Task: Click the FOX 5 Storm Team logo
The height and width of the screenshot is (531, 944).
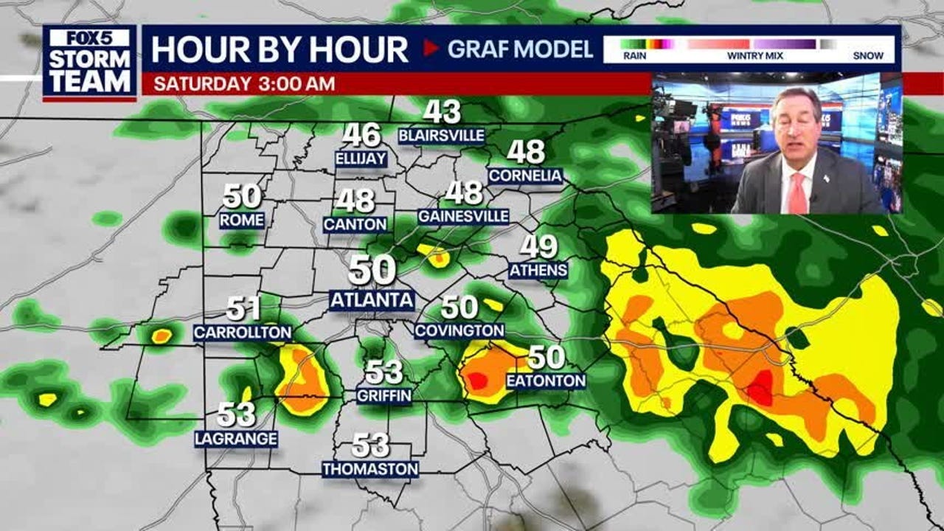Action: (89, 62)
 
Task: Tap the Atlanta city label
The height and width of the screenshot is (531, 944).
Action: (372, 300)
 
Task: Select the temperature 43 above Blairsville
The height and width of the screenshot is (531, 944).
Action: (442, 112)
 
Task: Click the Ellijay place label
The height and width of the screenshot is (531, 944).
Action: (361, 159)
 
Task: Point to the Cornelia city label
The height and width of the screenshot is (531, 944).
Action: (525, 176)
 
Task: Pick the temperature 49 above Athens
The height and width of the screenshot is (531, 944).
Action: (538, 247)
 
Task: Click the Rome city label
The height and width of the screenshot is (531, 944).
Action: (242, 220)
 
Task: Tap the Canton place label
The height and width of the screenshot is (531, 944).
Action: (355, 223)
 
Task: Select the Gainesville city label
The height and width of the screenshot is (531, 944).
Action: (463, 216)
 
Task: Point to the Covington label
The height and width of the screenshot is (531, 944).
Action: (459, 331)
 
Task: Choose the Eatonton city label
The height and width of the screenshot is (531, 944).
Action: (546, 381)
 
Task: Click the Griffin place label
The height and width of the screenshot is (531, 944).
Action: (383, 395)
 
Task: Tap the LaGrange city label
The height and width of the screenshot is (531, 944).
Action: (236, 439)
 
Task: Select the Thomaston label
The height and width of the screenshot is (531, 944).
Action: (370, 469)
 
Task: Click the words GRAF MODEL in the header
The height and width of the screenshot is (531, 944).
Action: (520, 49)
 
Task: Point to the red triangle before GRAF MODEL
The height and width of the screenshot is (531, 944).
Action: (431, 49)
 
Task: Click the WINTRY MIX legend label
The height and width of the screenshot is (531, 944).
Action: (749, 55)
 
